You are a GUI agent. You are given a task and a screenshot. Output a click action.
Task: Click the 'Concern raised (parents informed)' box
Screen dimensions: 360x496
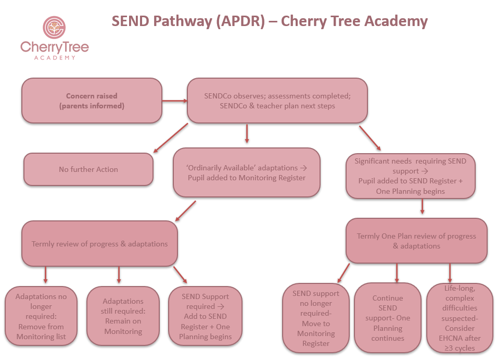92,101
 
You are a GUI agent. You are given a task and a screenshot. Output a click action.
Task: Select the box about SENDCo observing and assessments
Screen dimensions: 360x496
277,101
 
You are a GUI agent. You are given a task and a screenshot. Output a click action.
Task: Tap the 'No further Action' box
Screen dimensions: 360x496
88,169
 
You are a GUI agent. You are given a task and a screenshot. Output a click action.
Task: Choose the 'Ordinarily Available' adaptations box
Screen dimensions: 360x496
246,172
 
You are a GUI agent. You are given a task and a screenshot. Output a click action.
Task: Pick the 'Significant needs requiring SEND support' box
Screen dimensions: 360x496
411,176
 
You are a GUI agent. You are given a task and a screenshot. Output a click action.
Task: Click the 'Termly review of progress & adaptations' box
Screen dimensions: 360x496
99,244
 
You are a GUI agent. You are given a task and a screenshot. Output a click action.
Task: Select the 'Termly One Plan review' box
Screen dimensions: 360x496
416,241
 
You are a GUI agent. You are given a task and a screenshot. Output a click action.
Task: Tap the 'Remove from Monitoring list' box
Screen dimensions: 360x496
41,316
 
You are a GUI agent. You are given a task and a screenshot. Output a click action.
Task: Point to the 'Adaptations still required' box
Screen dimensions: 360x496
123,316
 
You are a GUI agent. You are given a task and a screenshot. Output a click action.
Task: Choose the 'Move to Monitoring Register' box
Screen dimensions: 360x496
316,318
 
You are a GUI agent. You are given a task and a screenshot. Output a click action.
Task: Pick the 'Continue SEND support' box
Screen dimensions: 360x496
388,318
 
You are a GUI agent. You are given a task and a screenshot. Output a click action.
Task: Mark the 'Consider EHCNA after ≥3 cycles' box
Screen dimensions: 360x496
460,318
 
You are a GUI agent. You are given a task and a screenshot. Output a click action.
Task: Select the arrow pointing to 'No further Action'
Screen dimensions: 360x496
170,139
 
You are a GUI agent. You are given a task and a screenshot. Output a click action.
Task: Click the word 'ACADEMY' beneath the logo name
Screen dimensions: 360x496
55,57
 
